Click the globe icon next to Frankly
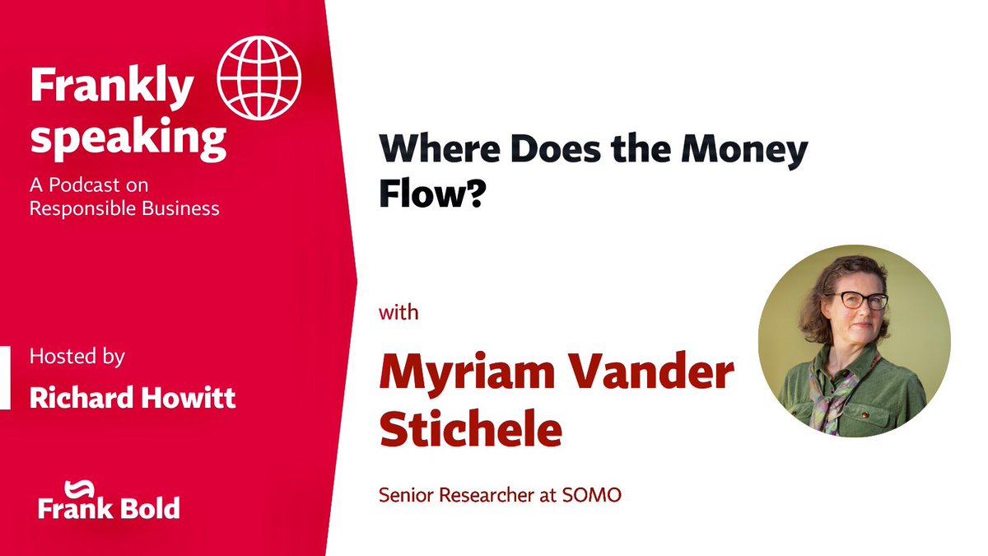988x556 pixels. tap(259, 77)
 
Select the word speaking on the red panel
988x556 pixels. tap(128, 141)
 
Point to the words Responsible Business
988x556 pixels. tap(124, 208)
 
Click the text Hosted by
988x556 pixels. tap(77, 357)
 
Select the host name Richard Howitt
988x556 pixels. tap(133, 398)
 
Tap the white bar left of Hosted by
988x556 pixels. tap(5, 377)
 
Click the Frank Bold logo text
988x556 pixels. tap(108, 507)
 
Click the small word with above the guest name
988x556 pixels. tap(398, 313)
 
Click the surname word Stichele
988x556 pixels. tap(471, 431)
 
